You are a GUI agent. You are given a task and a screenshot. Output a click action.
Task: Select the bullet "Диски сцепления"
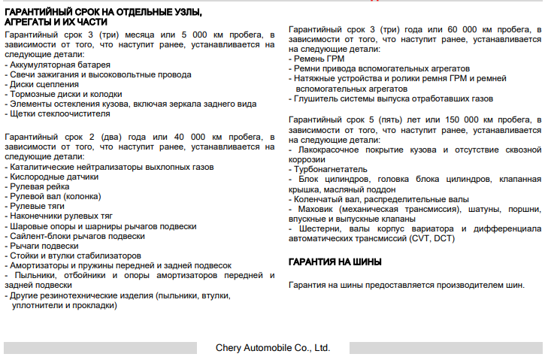tap(41, 84)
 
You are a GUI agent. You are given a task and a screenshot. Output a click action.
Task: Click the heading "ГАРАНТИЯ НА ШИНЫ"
tap(335, 262)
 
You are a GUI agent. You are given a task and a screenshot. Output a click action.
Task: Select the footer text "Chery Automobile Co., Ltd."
tap(273, 348)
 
